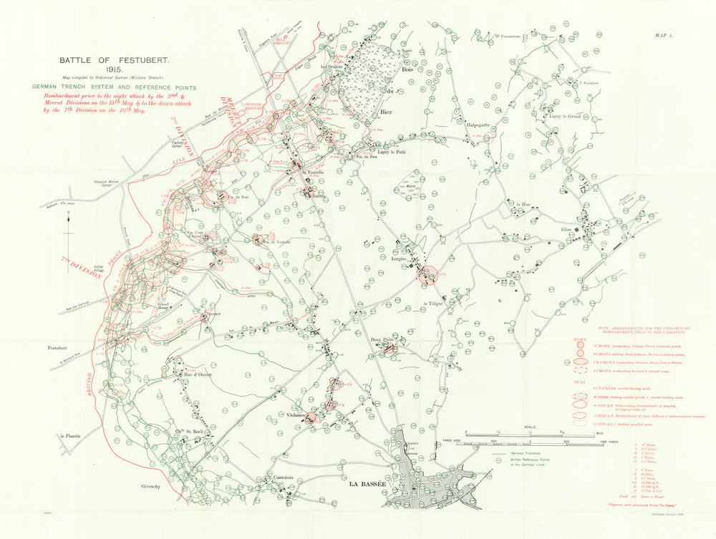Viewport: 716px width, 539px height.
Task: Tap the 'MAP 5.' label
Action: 667,34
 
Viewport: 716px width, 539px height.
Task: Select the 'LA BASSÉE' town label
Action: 367,485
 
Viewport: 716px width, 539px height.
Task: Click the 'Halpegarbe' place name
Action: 478,125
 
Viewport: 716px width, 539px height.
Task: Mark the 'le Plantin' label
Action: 72,436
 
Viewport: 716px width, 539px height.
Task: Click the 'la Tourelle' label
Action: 314,173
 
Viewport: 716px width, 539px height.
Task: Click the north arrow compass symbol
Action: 67,223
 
